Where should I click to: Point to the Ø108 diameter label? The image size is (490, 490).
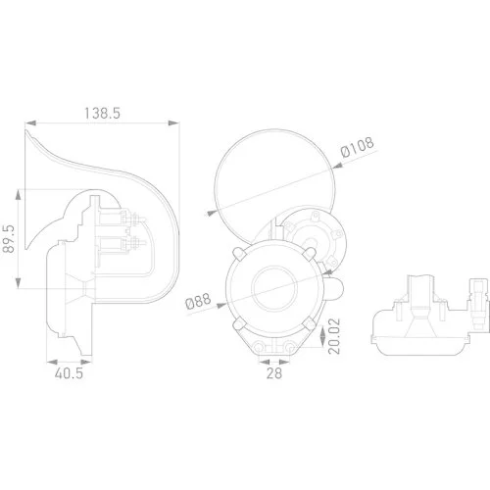coord(357,152)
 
